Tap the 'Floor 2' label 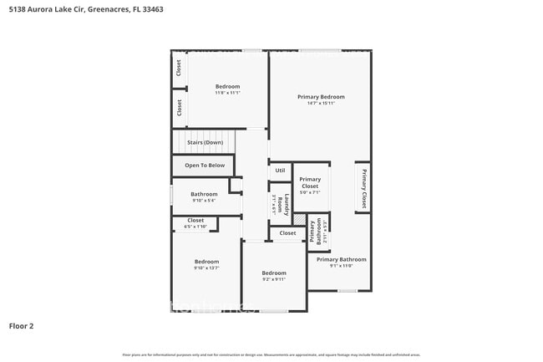[x=22, y=325]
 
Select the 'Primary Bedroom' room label [x=321, y=97]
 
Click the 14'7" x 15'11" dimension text [x=321, y=104]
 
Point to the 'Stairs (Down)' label [x=205, y=142]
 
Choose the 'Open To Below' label [x=205, y=166]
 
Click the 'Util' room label [x=280, y=171]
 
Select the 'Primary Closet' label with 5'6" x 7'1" [x=310, y=182]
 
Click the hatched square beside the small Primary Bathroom [x=299, y=218]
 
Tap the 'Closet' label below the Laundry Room [x=287, y=233]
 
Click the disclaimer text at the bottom [x=271, y=354]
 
